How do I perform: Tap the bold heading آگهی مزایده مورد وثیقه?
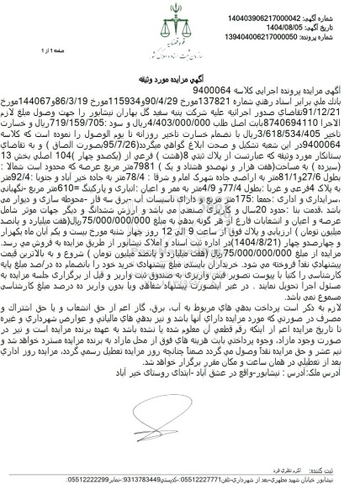click(x=179, y=90)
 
